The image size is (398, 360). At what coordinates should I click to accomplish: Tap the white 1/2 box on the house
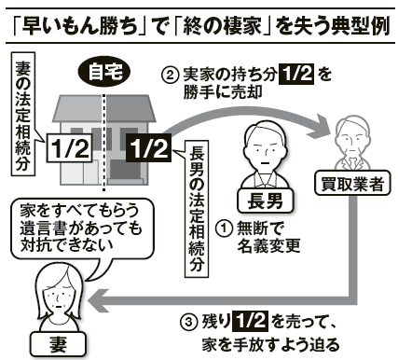(x=70, y=148)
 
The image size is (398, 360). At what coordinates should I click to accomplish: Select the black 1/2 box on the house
(x=149, y=148)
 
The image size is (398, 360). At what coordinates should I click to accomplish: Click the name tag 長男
(x=265, y=201)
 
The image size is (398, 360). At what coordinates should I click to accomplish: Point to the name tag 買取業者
(x=352, y=183)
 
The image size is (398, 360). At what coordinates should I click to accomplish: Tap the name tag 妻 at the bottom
(x=58, y=344)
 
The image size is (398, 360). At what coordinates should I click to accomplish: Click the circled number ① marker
(x=225, y=228)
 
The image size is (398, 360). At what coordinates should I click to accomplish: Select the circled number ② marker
(x=171, y=76)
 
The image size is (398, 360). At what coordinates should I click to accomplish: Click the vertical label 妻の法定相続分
(x=23, y=115)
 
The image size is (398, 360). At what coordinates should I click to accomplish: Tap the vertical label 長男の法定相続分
(x=197, y=209)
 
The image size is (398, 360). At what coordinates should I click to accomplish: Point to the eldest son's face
(x=265, y=152)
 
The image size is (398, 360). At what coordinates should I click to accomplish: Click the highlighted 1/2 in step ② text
(x=297, y=75)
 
